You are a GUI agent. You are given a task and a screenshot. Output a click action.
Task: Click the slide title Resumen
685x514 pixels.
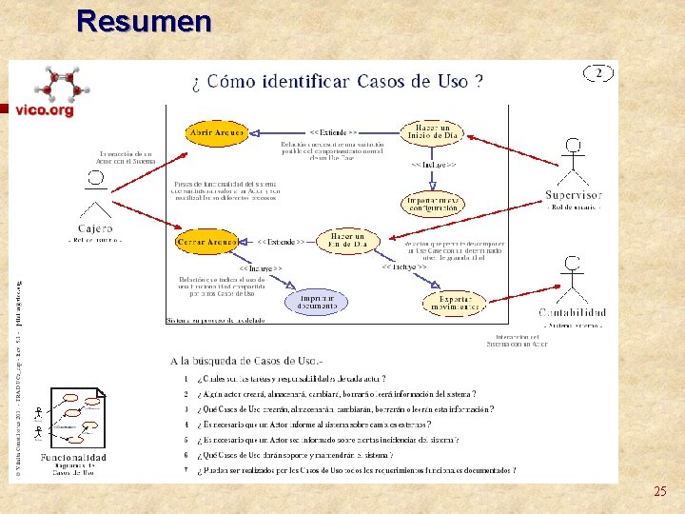click(x=144, y=21)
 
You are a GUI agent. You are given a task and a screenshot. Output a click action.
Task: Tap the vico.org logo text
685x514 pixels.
click(x=44, y=110)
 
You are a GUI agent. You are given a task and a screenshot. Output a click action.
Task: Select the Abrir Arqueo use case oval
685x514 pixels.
click(x=216, y=132)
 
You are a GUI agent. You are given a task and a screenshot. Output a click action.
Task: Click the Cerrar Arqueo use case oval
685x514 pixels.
click(x=206, y=243)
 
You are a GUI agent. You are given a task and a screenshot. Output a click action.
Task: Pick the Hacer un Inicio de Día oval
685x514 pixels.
click(x=433, y=132)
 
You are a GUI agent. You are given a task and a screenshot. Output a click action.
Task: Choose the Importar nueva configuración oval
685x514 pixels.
click(x=433, y=203)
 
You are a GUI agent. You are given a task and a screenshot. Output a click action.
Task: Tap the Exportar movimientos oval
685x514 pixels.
click(x=454, y=304)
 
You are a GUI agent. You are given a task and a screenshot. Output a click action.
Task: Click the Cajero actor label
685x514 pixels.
click(x=95, y=228)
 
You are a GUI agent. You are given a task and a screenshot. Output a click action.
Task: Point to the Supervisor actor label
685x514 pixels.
click(x=574, y=195)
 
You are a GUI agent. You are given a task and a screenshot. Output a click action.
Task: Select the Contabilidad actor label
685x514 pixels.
click(x=572, y=312)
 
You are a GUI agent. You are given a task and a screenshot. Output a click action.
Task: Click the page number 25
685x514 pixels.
click(x=660, y=492)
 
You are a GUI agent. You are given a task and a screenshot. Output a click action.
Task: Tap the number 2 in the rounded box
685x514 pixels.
click(x=599, y=72)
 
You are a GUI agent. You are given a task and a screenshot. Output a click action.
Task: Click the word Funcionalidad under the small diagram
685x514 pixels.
click(x=73, y=458)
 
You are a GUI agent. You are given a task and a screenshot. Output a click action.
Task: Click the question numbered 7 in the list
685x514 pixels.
click(x=357, y=469)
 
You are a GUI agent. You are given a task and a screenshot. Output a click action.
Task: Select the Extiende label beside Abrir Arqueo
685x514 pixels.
click(x=333, y=132)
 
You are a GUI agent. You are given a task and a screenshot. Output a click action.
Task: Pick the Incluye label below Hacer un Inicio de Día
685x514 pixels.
click(x=432, y=165)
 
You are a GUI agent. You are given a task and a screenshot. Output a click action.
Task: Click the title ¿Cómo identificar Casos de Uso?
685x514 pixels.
click(x=343, y=81)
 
